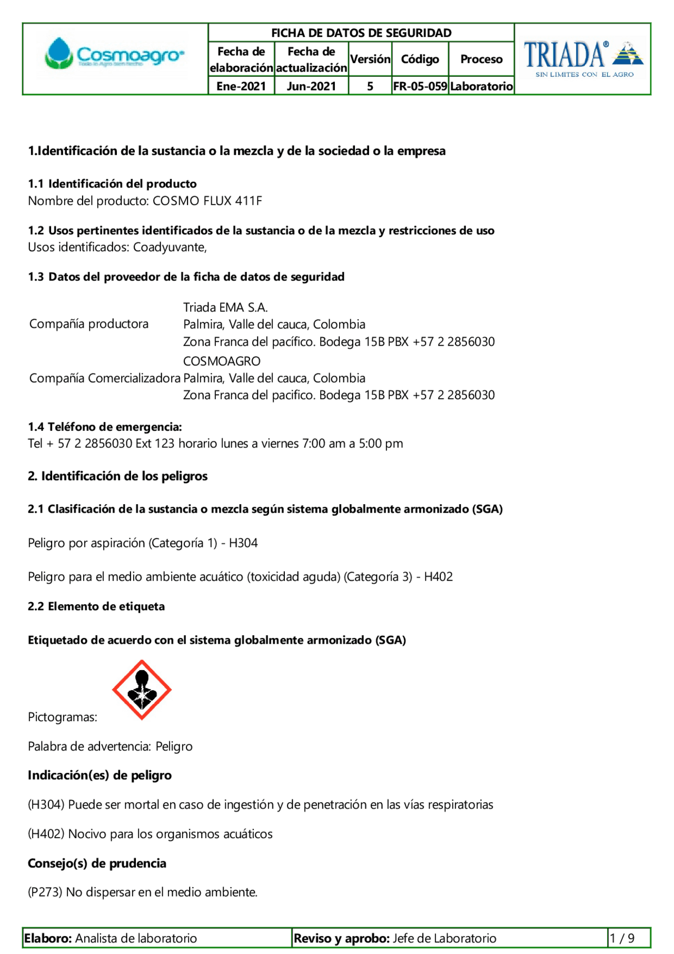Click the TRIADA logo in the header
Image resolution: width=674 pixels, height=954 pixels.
583,58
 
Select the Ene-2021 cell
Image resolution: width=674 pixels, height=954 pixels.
241,86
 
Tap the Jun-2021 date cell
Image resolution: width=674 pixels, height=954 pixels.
311,86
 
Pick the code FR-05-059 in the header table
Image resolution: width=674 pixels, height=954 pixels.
420,86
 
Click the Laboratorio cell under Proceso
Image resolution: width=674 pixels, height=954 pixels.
481,86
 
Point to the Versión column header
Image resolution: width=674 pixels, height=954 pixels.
370,59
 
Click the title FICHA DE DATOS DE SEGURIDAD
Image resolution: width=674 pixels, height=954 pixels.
361,33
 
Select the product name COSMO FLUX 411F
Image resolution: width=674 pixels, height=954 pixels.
207,201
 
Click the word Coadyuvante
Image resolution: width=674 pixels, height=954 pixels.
169,247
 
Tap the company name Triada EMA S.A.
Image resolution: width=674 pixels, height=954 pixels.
225,307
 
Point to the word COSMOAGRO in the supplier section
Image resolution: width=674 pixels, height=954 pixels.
222,361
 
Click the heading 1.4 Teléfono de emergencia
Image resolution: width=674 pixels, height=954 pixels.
105,427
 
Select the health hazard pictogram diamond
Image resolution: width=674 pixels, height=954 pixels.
142,690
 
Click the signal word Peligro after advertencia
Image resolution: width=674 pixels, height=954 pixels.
174,746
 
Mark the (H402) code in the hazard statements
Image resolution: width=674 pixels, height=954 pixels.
46,834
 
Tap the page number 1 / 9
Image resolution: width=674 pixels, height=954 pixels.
622,938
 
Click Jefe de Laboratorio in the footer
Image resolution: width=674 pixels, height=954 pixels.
444,938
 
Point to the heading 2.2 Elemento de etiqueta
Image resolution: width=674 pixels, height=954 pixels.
96,606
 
